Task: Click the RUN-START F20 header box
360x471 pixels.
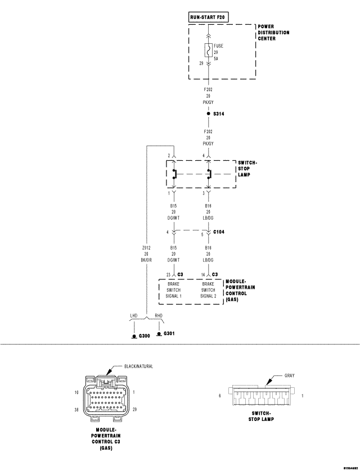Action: coord(209,17)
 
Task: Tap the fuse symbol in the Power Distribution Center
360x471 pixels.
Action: coord(209,51)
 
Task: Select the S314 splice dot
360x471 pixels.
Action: coord(209,114)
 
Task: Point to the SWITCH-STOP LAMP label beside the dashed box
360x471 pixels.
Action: coord(247,169)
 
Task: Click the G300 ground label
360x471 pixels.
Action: coord(145,336)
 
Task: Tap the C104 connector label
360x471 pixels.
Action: coord(219,231)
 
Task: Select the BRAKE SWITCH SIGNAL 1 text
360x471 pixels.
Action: coord(174,290)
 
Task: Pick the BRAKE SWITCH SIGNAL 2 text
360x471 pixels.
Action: coord(209,290)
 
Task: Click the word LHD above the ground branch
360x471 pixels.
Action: coord(134,316)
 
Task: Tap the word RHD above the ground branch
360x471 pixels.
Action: coord(159,316)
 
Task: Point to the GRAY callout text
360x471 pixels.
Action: coord(289,375)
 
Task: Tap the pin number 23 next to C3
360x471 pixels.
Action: coord(168,274)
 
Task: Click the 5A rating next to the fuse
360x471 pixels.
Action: coord(216,58)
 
